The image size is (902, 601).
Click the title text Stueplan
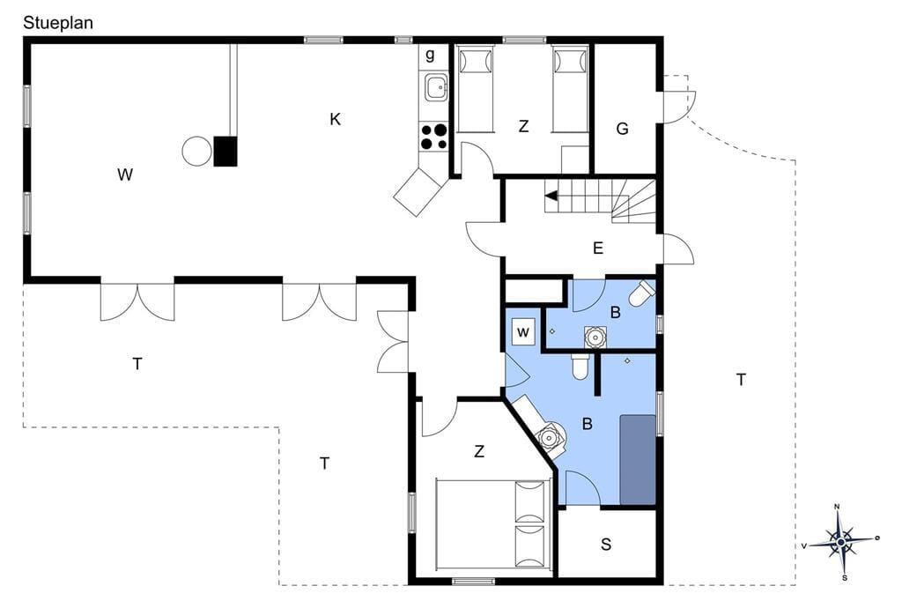pos(58,23)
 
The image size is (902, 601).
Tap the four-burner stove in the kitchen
pos(433,137)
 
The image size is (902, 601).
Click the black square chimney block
pos(225,152)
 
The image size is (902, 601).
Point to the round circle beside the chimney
pos(196,152)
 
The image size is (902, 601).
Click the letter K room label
pos(336,119)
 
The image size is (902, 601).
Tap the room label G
pos(622,129)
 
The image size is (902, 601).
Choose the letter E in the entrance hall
pos(598,249)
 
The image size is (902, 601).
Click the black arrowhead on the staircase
pos(551,197)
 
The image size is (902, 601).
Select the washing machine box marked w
pos(523,331)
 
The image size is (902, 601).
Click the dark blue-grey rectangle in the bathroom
pos(638,460)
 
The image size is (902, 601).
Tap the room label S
pos(606,544)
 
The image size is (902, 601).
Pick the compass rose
pos(841,542)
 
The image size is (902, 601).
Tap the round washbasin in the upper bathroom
pos(595,337)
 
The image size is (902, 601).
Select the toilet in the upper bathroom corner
pos(641,293)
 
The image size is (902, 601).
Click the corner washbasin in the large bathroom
pos(551,437)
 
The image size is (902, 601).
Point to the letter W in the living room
pos(125,174)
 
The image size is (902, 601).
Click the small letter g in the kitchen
pos(430,56)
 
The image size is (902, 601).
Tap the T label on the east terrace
pos(741,379)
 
